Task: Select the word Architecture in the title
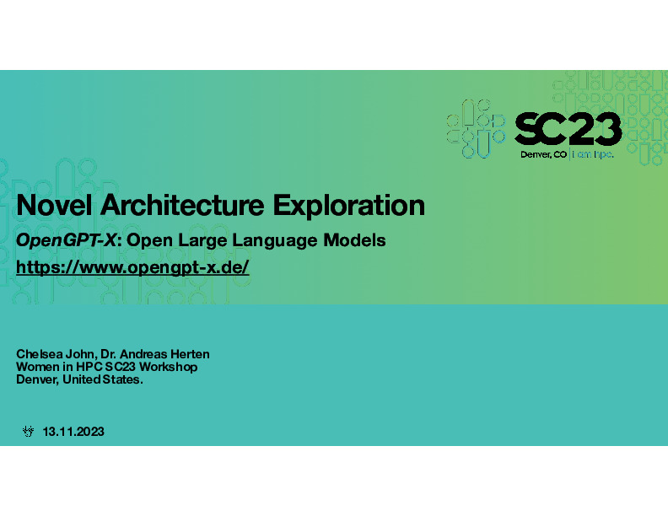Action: click(x=182, y=205)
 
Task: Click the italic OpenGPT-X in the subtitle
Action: click(x=66, y=240)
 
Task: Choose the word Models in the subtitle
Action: click(x=354, y=240)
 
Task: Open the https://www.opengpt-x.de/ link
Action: click(x=132, y=268)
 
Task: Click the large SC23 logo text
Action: click(x=568, y=128)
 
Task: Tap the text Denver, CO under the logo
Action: click(x=544, y=154)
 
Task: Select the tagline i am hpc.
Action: click(x=593, y=154)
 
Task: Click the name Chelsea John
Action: click(x=57, y=354)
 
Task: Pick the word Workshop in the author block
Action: click(x=168, y=367)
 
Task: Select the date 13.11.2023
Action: click(x=73, y=432)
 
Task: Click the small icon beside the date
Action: click(x=28, y=432)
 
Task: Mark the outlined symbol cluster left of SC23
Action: click(x=476, y=128)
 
